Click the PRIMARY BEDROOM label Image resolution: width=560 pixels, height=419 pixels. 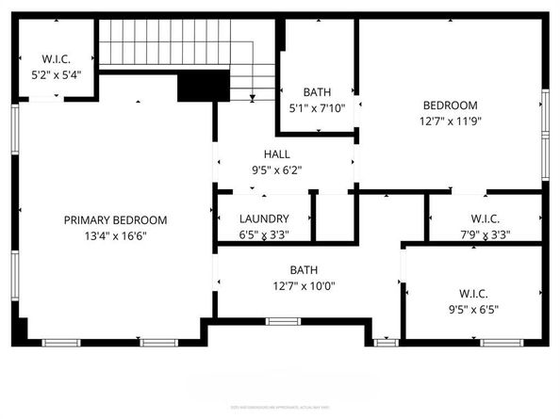115,219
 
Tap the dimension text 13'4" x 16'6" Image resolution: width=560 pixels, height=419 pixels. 115,235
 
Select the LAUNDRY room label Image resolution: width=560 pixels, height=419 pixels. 264,218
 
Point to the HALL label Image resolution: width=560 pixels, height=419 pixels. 276,154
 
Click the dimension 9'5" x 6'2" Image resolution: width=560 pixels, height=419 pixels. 276,170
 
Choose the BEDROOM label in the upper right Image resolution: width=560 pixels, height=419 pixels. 450,105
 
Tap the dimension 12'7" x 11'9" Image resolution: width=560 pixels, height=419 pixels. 450,121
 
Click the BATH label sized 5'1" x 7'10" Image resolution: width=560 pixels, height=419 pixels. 317,92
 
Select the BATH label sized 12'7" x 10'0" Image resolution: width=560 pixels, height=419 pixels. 304,269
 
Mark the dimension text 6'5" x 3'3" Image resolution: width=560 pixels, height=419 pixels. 264,234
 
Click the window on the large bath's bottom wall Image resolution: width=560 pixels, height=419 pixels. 281,322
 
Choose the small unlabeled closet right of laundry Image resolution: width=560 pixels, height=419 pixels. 332,218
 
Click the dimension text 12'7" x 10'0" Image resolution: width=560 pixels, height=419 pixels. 304,285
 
